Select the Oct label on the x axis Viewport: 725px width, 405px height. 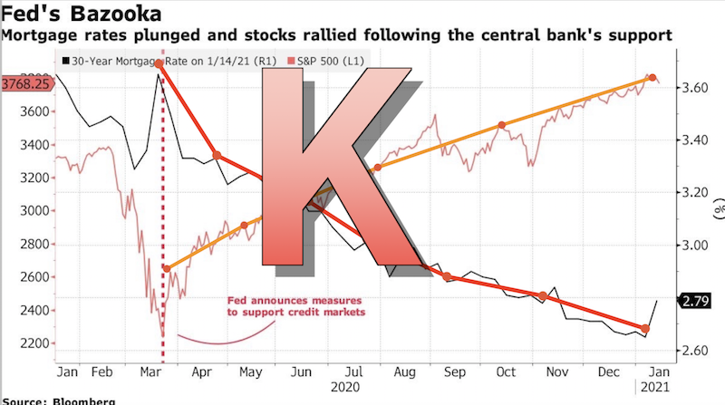[x=508, y=372]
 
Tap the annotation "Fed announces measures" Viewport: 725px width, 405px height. [x=283, y=300]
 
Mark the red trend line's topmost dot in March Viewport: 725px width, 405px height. [x=159, y=64]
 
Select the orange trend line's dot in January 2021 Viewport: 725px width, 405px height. [x=652, y=79]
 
